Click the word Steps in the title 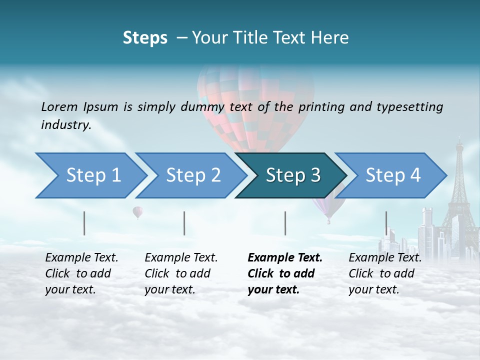tap(145, 37)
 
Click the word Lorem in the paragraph tap(59, 106)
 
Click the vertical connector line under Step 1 tap(84, 223)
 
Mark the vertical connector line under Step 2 tap(184, 223)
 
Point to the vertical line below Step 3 tap(285, 223)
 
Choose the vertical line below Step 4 tap(386, 223)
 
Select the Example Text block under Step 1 tap(81, 273)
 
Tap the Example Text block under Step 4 tap(385, 273)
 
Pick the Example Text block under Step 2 tap(181, 273)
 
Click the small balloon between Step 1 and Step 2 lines tap(137, 212)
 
